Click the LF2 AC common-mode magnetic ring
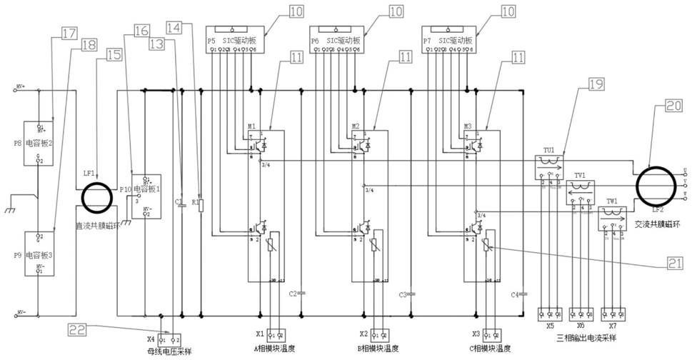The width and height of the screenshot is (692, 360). (654, 184)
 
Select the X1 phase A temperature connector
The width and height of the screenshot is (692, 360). (276, 334)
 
